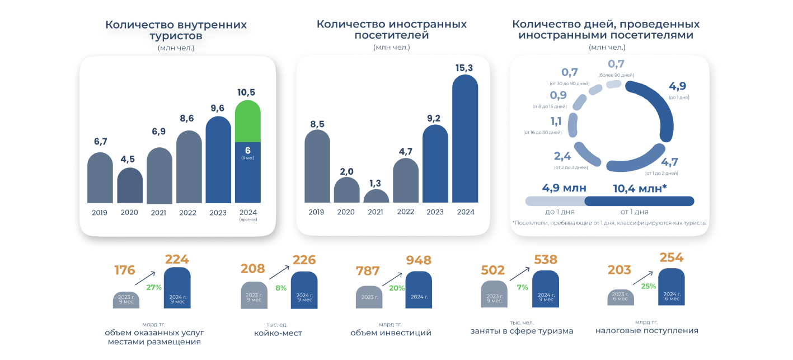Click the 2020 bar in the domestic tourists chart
130,186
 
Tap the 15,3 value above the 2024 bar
464,68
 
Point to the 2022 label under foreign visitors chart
406,212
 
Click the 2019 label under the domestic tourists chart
100,213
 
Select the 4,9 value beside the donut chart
677,86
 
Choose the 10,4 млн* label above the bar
640,189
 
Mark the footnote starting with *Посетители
609,223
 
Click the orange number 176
124,270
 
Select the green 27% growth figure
154,287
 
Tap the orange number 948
419,260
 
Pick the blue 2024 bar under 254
672,287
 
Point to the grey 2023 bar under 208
254,295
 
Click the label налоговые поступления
647,330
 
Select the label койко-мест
278,333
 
